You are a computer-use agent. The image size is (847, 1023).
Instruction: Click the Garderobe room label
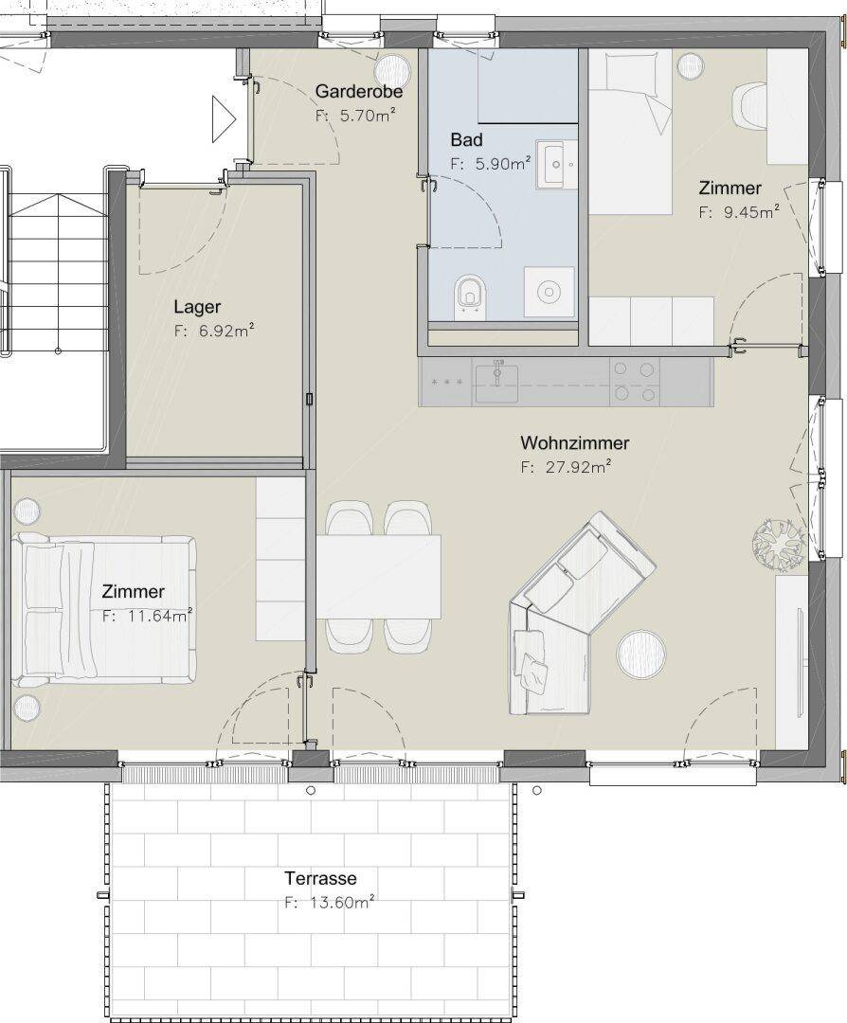point(359,91)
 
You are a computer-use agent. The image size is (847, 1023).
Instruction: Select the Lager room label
point(197,307)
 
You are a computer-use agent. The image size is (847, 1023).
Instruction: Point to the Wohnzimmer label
point(574,443)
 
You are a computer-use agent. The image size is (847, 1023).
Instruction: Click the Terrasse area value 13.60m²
point(341,903)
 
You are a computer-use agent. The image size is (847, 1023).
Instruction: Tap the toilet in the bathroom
point(471,296)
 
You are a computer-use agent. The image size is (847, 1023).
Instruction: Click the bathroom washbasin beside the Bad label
point(557,164)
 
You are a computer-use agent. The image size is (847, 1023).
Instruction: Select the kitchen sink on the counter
point(496,383)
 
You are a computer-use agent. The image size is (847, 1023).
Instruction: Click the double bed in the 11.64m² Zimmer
point(104,610)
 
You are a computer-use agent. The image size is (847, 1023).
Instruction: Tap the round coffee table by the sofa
point(641,654)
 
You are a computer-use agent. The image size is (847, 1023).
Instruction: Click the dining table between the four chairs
point(378,576)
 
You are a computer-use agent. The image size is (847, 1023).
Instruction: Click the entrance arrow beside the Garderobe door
point(224,118)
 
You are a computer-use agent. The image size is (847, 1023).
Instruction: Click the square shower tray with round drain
point(550,292)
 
